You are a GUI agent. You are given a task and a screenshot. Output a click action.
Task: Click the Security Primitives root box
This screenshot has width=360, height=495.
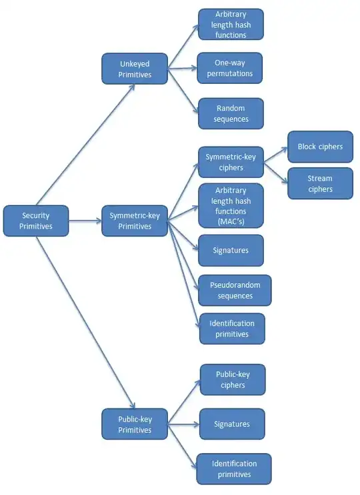click(x=36, y=221)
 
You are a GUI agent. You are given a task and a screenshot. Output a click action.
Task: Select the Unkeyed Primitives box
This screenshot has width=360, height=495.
click(x=135, y=69)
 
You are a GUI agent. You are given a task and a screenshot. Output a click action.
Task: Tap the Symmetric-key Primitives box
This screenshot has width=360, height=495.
click(x=135, y=221)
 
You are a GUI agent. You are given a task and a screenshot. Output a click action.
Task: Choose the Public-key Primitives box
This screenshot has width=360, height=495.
click(x=135, y=424)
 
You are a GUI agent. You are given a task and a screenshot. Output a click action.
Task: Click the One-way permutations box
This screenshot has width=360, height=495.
click(x=231, y=68)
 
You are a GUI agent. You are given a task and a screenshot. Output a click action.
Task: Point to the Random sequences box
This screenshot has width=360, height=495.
click(x=231, y=113)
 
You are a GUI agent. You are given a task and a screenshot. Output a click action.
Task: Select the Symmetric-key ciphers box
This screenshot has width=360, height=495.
click(x=231, y=162)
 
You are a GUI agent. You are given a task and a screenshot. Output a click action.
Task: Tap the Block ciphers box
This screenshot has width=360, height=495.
click(x=320, y=147)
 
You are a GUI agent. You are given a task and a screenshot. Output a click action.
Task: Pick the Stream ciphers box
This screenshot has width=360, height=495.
click(x=320, y=183)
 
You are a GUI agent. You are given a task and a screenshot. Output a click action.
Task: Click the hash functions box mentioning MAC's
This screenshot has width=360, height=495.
click(x=231, y=206)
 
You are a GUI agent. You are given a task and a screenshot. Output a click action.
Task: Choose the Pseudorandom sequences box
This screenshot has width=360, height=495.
click(x=235, y=290)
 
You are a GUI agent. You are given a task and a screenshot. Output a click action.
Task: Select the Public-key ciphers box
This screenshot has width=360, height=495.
click(x=232, y=379)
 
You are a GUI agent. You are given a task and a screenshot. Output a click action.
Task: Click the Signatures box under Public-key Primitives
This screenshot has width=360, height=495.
click(x=232, y=424)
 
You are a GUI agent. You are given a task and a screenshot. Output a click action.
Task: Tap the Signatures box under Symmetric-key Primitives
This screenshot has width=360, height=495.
click(x=231, y=250)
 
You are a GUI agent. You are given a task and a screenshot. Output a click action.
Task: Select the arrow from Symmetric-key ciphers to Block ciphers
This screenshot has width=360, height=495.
click(x=275, y=153)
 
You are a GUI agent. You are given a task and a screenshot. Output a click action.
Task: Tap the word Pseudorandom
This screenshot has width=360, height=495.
click(x=235, y=285)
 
